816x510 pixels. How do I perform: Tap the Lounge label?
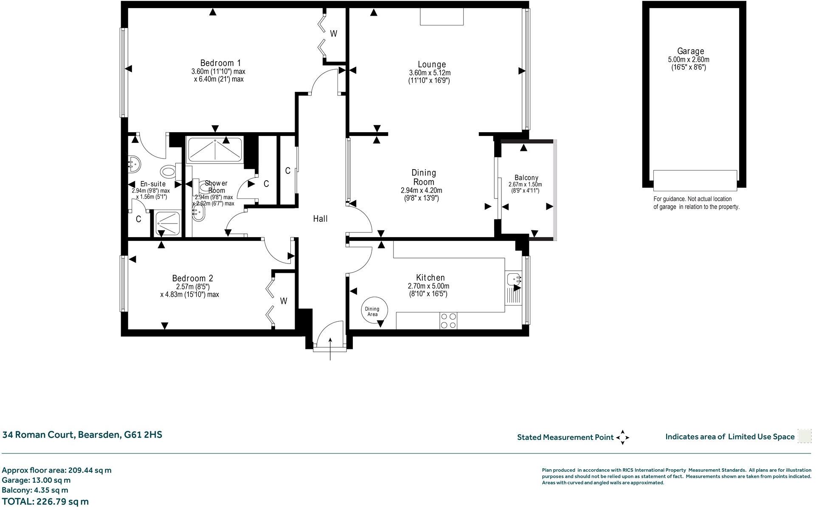click(x=431, y=64)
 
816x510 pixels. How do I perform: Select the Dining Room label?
click(x=423, y=177)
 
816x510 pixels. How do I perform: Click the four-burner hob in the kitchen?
click(x=449, y=320)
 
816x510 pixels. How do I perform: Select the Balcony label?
click(x=526, y=178)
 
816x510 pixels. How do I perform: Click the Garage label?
click(x=690, y=51)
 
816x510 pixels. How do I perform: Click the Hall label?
click(x=320, y=219)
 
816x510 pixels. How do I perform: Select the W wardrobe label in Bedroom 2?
click(x=284, y=301)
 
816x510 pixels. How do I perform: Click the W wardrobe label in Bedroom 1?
click(x=334, y=34)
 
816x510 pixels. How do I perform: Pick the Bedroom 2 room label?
click(x=192, y=278)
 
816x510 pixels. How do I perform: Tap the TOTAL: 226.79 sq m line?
click(x=45, y=501)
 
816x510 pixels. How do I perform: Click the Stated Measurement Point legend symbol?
click(x=622, y=437)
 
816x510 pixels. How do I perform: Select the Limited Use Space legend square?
click(x=804, y=436)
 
